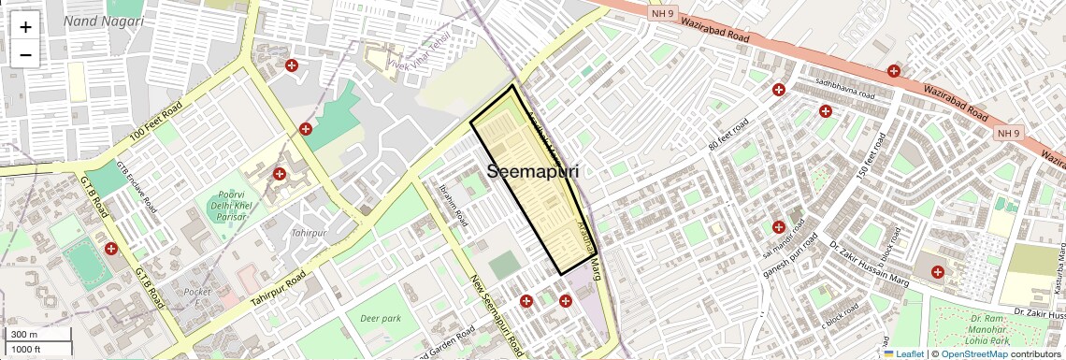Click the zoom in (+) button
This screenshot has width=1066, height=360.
coord(25,26)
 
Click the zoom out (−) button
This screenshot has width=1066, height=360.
coord(25,54)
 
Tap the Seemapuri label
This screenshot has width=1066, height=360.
coord(532,172)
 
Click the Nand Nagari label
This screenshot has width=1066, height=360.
coord(104,20)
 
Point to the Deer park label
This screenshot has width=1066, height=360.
coord(380,318)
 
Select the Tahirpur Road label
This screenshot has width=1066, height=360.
coord(278,291)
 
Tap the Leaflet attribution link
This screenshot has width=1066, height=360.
coord(903,353)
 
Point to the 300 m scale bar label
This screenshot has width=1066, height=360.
coord(24,335)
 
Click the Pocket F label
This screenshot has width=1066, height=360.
coord(197,298)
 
